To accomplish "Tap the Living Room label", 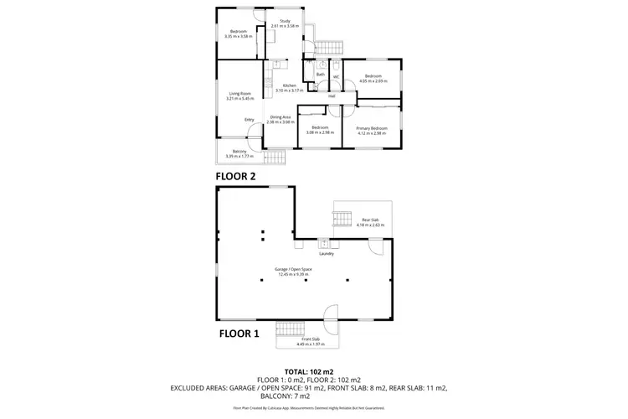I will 240,94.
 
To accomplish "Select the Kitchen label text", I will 289,85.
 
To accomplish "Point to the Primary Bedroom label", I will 372,128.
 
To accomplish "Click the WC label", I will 336,78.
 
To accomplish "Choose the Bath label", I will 320,75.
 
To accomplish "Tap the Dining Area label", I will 280,117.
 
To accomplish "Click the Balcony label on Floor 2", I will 239,152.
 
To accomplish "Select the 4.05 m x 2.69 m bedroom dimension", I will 371,81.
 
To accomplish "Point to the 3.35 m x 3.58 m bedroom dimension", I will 239,36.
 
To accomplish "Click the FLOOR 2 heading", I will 235,177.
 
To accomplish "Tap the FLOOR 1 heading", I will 239,333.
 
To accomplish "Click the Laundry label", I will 327,254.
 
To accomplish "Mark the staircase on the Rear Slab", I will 342,220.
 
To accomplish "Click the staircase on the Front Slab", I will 293,328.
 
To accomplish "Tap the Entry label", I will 249,120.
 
